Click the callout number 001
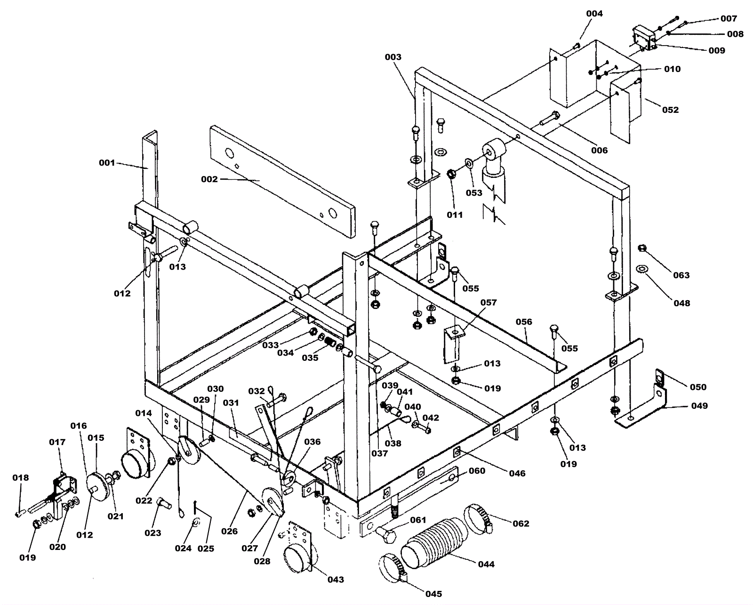click(107, 163)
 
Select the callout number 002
click(209, 179)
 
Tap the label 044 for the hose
click(486, 564)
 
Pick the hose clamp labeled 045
click(393, 566)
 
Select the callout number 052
click(671, 110)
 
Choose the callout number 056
click(524, 322)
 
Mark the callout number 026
click(230, 531)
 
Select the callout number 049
click(699, 406)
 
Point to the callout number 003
click(393, 57)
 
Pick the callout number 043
click(336, 580)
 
